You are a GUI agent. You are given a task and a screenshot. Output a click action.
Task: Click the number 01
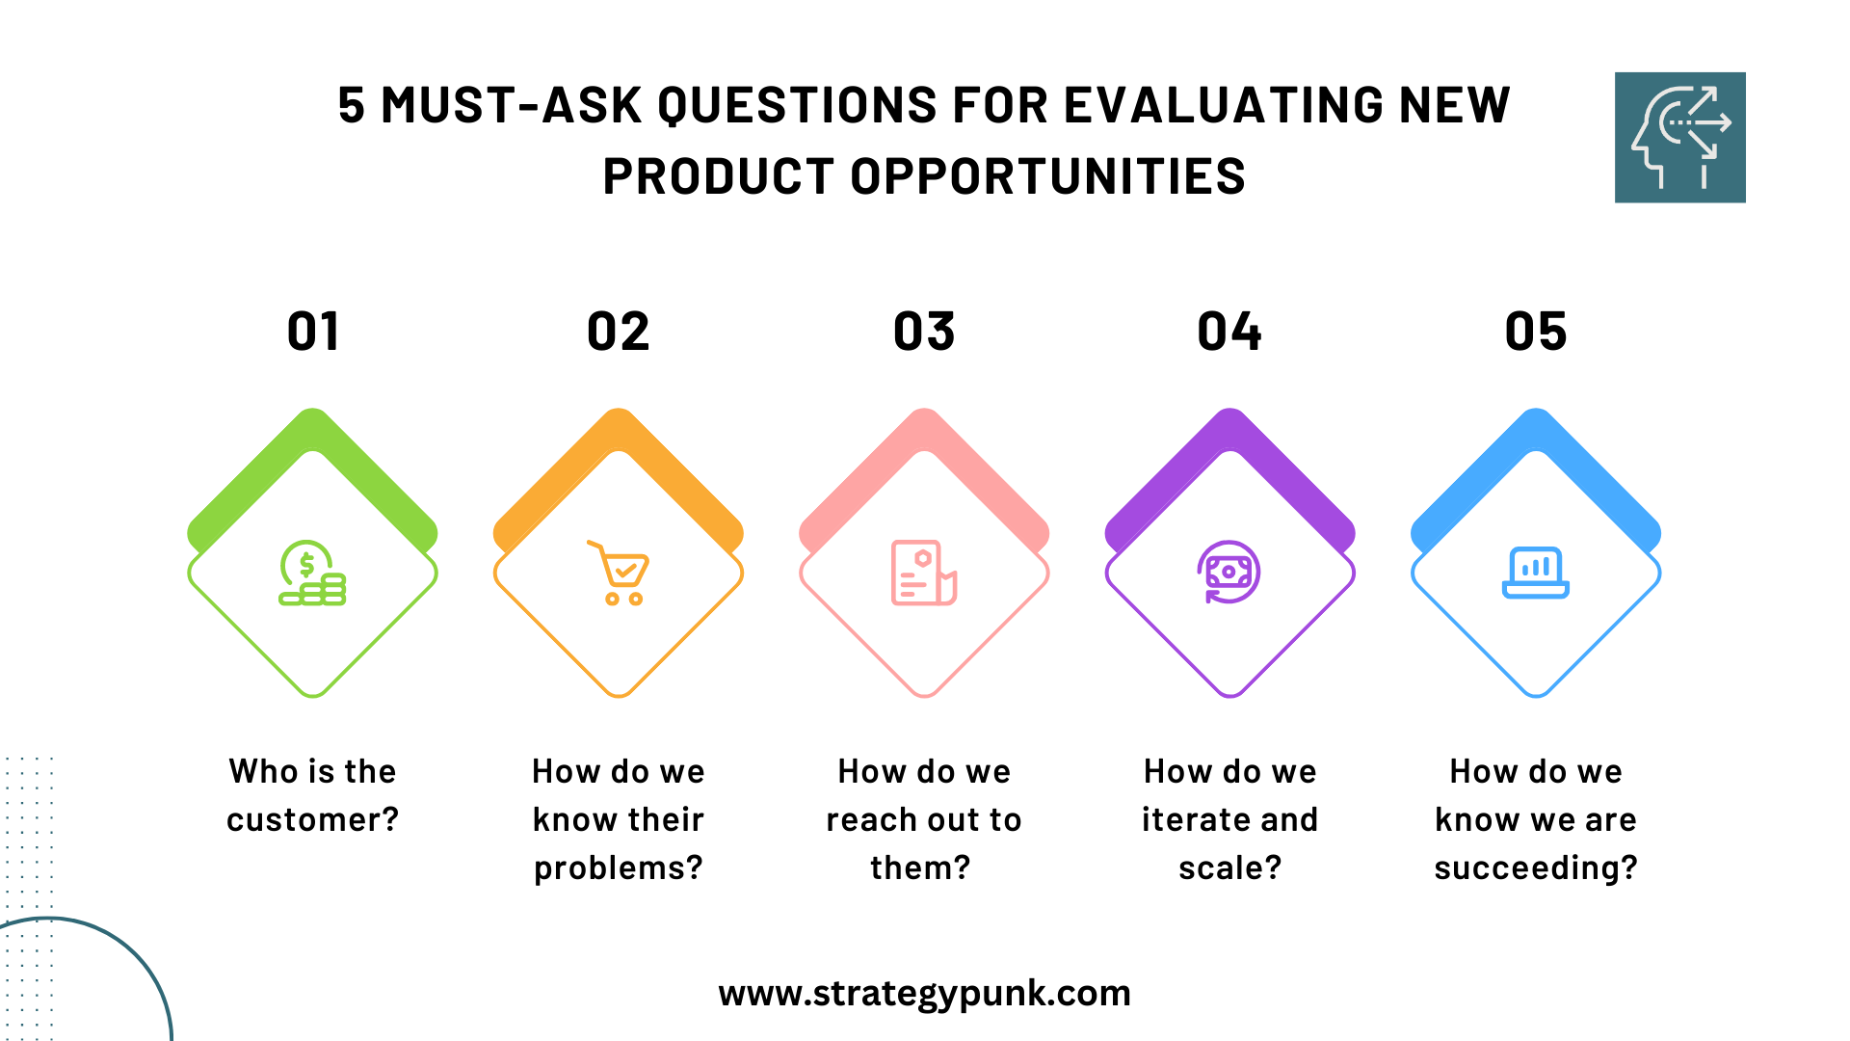click(x=313, y=332)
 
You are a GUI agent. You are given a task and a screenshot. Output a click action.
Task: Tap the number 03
click(x=924, y=332)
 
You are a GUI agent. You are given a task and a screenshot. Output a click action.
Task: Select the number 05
click(x=1536, y=332)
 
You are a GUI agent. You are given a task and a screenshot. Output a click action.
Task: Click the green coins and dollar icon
click(x=312, y=573)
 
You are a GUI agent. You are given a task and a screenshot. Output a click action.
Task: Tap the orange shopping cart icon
click(x=619, y=573)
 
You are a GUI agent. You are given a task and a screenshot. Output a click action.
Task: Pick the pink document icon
click(x=924, y=573)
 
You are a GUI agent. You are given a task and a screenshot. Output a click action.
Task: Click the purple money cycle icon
click(x=1229, y=573)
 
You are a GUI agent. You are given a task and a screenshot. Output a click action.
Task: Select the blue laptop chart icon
click(x=1536, y=573)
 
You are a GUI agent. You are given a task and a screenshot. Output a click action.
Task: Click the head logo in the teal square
click(x=1680, y=137)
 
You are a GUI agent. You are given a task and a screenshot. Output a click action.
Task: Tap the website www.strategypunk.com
click(x=924, y=994)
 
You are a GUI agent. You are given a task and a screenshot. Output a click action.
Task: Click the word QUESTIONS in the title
click(x=797, y=105)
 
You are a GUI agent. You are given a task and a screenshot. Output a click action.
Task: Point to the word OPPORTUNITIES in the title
click(x=1047, y=176)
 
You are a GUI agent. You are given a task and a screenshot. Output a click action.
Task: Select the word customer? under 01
click(x=312, y=819)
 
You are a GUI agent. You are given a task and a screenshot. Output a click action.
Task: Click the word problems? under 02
click(x=619, y=868)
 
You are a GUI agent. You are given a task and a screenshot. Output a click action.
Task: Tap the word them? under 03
click(x=920, y=867)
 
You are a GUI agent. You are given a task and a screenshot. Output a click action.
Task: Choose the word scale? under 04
click(x=1229, y=867)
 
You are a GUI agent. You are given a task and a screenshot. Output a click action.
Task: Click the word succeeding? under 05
click(x=1536, y=868)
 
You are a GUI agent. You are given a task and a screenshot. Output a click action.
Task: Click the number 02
click(x=619, y=332)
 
